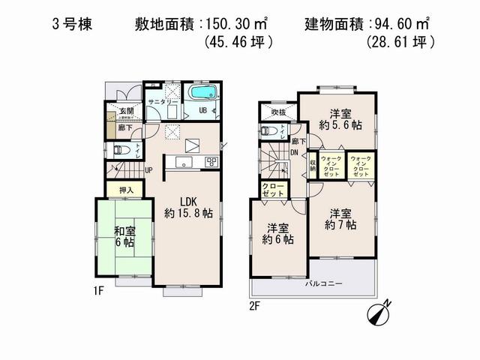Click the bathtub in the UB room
click(202, 94)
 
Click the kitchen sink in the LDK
click(184, 162)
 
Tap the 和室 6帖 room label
click(124, 237)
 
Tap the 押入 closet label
click(127, 190)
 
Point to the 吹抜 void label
click(268, 112)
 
